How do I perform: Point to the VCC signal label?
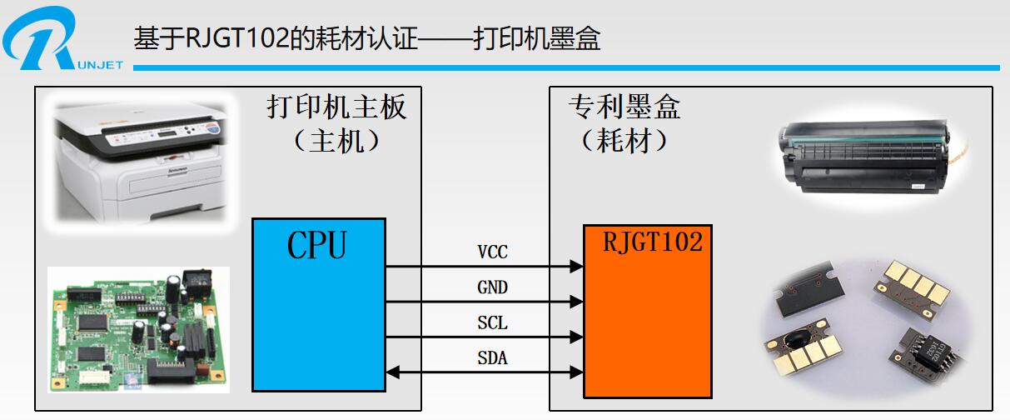(492, 252)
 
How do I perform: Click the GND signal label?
(492, 287)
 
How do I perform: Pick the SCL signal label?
(492, 323)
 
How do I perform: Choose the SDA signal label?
(492, 359)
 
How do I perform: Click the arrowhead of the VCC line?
(576, 267)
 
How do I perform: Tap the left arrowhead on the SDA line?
(393, 372)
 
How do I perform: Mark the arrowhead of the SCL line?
(576, 337)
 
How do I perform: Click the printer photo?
(140, 158)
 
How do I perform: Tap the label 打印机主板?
(337, 107)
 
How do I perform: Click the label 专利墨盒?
(624, 107)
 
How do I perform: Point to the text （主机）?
(337, 142)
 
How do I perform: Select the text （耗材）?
(624, 142)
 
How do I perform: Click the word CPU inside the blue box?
(317, 245)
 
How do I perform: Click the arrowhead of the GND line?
(576, 302)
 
